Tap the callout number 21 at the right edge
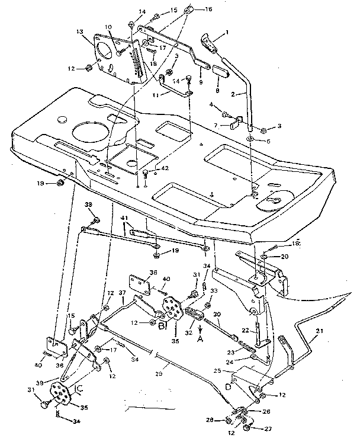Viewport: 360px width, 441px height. pyautogui.click(x=320, y=331)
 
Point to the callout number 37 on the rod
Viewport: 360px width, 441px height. pyautogui.click(x=123, y=292)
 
